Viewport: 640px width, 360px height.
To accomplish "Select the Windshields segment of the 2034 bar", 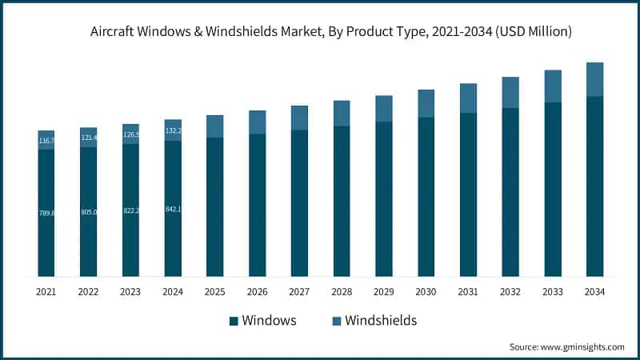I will (x=594, y=79).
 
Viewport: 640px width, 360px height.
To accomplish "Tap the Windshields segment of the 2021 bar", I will (x=46, y=140).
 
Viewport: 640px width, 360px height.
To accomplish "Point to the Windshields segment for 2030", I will (x=426, y=103).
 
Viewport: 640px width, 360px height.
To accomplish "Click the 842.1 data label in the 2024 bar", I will (x=173, y=210).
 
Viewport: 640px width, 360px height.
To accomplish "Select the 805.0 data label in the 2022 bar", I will (x=89, y=212).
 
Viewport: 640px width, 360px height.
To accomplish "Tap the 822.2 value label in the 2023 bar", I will (x=131, y=210).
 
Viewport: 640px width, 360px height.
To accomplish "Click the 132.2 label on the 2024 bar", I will (x=173, y=130).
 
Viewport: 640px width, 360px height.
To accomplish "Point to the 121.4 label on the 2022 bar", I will (x=89, y=138).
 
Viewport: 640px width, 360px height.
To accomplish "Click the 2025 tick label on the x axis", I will (x=214, y=293).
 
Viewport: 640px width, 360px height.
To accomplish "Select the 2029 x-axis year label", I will (x=383, y=293).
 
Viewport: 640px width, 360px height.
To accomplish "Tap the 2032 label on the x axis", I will (x=510, y=293).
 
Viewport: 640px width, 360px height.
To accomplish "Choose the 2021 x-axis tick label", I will (x=46, y=293).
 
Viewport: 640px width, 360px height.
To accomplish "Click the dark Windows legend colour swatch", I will (x=234, y=321).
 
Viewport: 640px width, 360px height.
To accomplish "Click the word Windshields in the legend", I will (x=381, y=321).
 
